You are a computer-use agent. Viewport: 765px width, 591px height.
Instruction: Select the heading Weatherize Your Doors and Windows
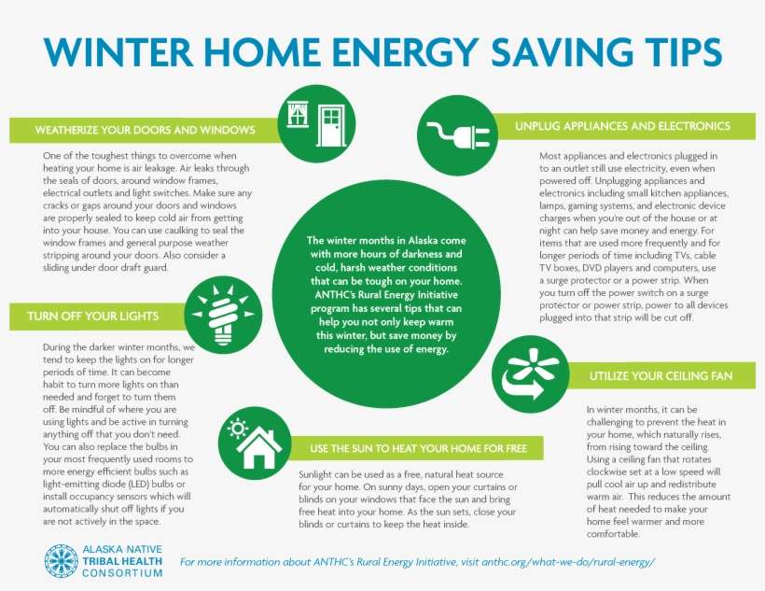145,129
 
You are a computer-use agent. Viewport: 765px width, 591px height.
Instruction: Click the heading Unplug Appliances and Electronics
622,124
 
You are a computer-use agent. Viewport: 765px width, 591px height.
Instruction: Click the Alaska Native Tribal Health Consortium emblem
63,560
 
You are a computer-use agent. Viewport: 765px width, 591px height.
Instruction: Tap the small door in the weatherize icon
329,126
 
